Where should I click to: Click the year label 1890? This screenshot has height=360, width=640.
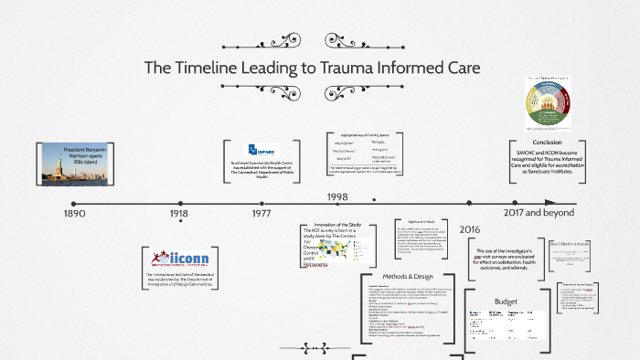coord(74,213)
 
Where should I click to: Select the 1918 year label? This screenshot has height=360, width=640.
coord(179,213)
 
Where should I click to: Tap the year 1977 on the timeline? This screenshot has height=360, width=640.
coord(261,213)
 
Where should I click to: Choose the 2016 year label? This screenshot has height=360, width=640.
coord(469,229)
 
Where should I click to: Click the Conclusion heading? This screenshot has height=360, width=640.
coord(547,143)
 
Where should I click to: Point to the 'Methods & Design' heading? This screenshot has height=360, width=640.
coord(408,276)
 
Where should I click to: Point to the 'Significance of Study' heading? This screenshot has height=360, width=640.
coord(423,223)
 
